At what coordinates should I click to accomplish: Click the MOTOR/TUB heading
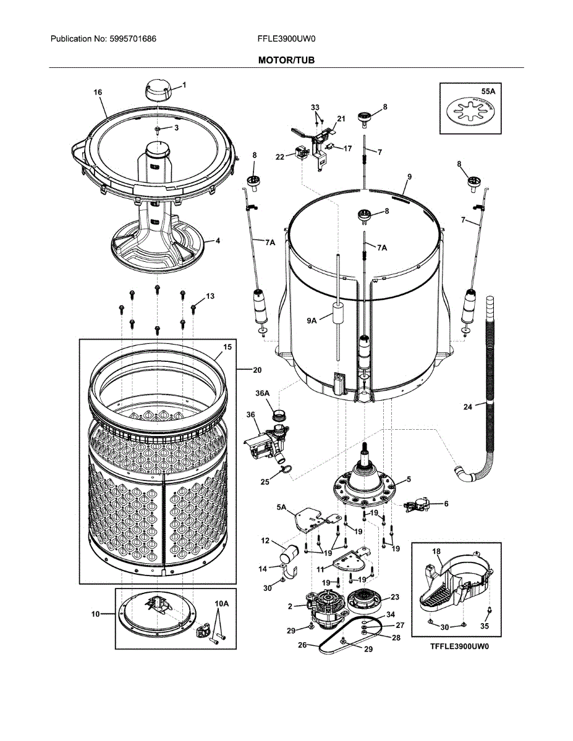pyautogui.click(x=286, y=60)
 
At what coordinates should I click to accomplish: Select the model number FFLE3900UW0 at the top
pyautogui.click(x=286, y=39)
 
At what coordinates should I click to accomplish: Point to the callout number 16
pyautogui.click(x=98, y=92)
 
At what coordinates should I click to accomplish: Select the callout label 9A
pyautogui.click(x=313, y=320)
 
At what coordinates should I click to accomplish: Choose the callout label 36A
pyautogui.click(x=263, y=393)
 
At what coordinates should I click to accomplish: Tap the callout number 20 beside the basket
pyautogui.click(x=257, y=370)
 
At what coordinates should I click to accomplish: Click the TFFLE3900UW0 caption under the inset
pyautogui.click(x=458, y=647)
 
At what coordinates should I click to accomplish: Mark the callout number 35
pyautogui.click(x=485, y=626)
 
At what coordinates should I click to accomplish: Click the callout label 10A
pyautogui.click(x=221, y=603)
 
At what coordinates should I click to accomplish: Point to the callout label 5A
pyautogui.click(x=282, y=508)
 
